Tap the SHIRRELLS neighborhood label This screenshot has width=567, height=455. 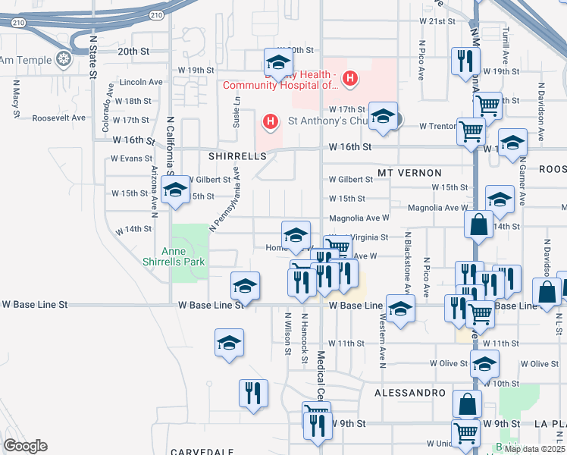(x=238, y=155)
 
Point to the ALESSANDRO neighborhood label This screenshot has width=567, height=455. (x=409, y=393)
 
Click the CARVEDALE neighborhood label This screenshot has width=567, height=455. (x=201, y=451)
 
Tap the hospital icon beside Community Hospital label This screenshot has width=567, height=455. (x=349, y=77)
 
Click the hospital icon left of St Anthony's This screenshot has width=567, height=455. (x=269, y=121)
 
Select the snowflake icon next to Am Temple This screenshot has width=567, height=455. (x=65, y=59)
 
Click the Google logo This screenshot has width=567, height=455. (x=25, y=446)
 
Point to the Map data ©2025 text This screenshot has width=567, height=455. (x=534, y=449)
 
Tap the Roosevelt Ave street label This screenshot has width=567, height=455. (x=60, y=118)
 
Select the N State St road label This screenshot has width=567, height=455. (x=93, y=57)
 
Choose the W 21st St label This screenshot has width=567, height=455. (x=437, y=21)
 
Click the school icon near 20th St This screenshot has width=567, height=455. (x=278, y=63)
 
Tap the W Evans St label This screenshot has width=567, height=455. (x=131, y=158)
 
